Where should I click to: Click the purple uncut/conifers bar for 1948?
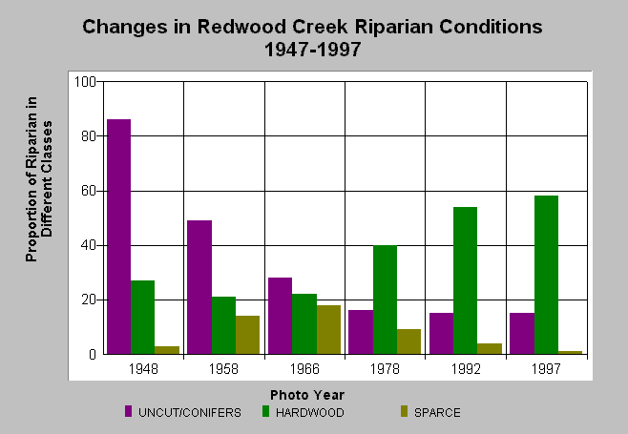[119, 237]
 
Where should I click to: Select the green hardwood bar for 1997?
[546, 275]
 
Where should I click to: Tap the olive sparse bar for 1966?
[328, 330]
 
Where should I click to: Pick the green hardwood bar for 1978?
[385, 300]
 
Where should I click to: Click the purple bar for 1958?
[199, 287]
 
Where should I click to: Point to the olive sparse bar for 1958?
[247, 335]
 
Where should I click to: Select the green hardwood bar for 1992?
[466, 280]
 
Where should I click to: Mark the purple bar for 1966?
[280, 316]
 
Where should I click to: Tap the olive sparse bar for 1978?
[408, 341]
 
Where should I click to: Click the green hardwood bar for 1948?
[142, 318]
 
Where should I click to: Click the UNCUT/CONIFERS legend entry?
[183, 412]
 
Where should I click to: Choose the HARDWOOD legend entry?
[304, 412]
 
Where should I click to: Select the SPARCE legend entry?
[430, 412]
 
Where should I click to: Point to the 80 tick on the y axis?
[88, 136]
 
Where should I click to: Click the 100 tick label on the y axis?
[85, 82]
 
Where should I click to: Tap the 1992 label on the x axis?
[466, 369]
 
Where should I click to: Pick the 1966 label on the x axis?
[304, 369]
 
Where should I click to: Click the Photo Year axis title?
[307, 395]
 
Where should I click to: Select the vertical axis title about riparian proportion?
[38, 179]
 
